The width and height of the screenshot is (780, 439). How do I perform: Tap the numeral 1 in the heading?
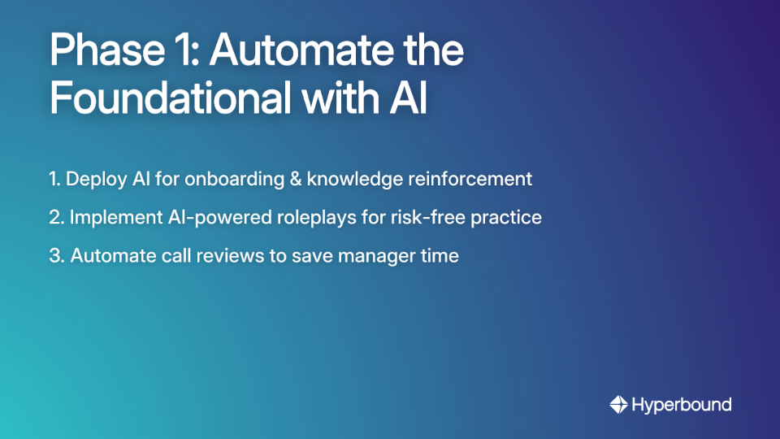coord(188,50)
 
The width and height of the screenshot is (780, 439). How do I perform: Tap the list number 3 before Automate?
coord(54,256)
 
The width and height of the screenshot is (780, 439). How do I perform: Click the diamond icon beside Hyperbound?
coord(618,404)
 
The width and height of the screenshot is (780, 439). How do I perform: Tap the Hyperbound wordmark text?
coord(681,404)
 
